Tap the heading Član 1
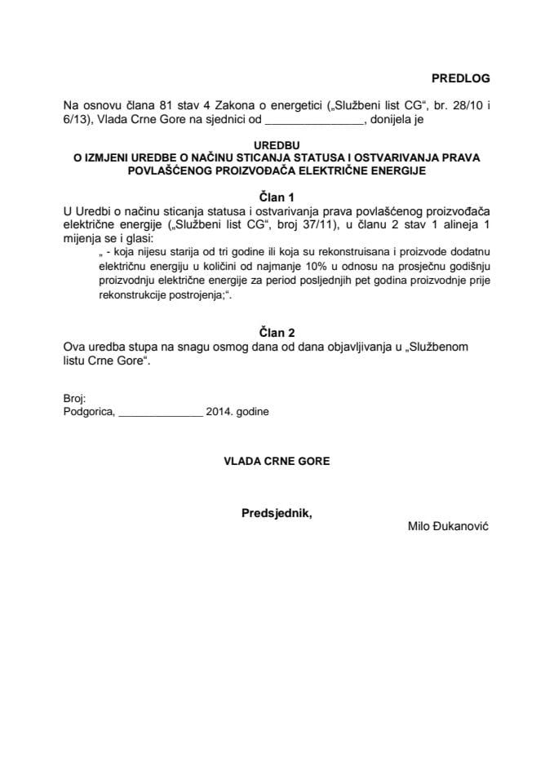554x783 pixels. (x=276, y=196)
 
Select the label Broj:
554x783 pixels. (x=73, y=398)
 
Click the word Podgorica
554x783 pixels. (x=88, y=412)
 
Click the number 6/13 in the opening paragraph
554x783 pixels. (x=76, y=119)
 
